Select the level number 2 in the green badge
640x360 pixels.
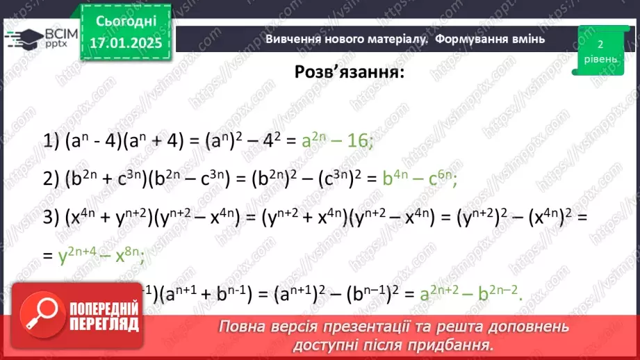click(600, 44)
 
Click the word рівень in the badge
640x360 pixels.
click(600, 59)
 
